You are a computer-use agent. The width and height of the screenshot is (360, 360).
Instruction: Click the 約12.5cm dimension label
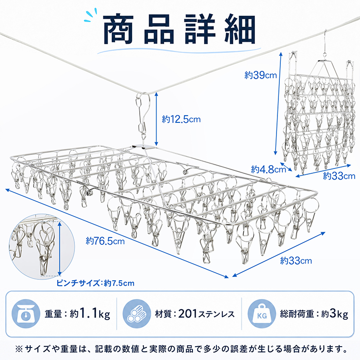[x=181, y=119]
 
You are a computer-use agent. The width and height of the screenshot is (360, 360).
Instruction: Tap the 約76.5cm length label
[x=105, y=241]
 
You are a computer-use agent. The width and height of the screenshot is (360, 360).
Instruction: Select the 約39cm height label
[x=261, y=75]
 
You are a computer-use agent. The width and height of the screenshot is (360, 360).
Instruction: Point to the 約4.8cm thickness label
[x=268, y=169]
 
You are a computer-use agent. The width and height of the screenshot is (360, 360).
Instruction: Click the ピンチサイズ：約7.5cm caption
[x=96, y=283]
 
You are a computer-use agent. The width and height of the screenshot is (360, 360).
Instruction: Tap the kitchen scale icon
[x=25, y=313]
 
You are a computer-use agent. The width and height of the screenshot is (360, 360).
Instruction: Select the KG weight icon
[x=262, y=313]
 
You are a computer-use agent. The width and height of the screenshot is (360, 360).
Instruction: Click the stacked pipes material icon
[x=137, y=313]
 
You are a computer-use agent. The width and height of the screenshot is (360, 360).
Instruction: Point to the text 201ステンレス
[x=206, y=314]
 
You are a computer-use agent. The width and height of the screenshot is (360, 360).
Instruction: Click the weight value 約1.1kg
[x=90, y=314]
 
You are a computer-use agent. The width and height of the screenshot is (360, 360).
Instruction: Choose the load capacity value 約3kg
[x=335, y=314]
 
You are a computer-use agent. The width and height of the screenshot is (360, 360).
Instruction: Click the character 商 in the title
[x=119, y=29]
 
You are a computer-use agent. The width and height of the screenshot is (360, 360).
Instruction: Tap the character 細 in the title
[x=240, y=29]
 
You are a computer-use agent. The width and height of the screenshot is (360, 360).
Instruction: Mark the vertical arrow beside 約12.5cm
[x=156, y=119]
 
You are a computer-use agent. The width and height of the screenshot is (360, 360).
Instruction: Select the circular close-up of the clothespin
[x=42, y=247]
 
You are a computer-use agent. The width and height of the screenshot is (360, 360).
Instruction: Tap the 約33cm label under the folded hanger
[x=339, y=176]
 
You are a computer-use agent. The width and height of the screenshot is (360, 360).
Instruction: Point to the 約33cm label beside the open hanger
[x=296, y=261]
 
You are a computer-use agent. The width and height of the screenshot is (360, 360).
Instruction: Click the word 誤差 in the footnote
[x=240, y=349]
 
